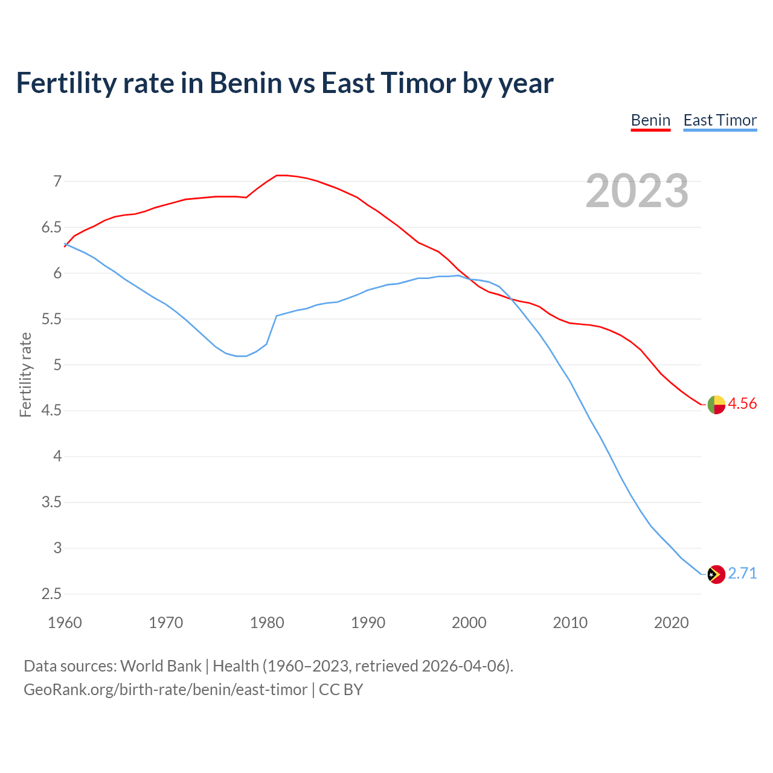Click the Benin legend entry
point(650,120)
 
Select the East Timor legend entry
point(720,120)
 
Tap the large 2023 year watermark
point(637,191)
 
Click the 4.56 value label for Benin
point(742,404)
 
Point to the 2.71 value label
point(742,573)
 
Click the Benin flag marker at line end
point(716,405)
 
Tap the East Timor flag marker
point(716,574)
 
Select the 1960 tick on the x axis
point(65,623)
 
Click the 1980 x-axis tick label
point(267,623)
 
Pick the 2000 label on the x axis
point(469,623)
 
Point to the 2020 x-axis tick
point(671,623)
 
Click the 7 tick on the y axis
point(57,181)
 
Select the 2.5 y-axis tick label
point(51,594)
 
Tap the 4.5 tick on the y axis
point(51,411)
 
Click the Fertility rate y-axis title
point(25,374)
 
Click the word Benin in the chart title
point(246,83)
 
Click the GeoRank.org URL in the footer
point(165,690)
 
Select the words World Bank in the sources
point(161,666)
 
